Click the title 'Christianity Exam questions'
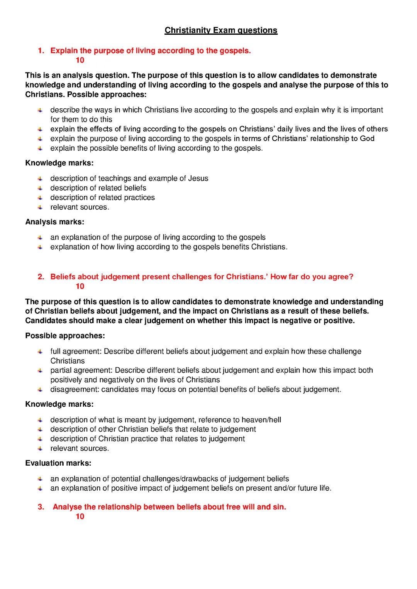pos(221,30)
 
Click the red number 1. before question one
pos(41,51)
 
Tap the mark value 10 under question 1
pos(80,60)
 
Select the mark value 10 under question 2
pos(80,286)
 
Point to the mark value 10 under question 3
pos(80,517)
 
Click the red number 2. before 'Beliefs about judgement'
pos(41,277)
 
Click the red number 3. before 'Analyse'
pos(41,507)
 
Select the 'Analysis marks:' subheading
pos(54,222)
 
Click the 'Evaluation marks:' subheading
pos(58,463)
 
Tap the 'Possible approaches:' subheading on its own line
pos(65,336)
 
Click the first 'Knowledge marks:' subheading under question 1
pos(59,163)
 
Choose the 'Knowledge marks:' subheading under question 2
pos(59,404)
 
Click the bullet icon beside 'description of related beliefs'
pos(40,188)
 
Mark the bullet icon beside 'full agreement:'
pos(40,352)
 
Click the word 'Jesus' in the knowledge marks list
pos(198,178)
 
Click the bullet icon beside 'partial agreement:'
pos(40,370)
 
